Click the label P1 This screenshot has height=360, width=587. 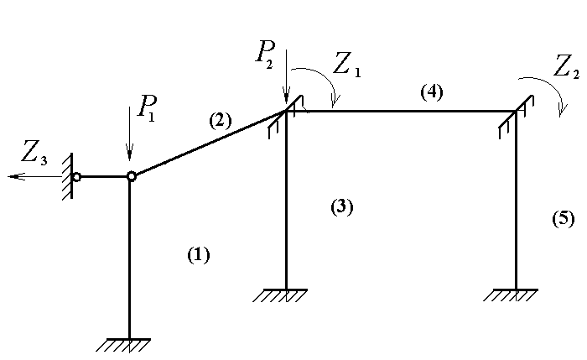[147, 107]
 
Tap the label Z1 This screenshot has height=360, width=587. [346, 65]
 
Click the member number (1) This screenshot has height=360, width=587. [198, 255]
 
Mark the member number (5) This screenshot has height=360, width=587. [564, 219]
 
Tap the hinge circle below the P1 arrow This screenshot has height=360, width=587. [131, 176]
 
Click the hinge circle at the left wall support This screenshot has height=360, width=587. [76, 177]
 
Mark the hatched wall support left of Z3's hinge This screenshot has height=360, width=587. [70, 175]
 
